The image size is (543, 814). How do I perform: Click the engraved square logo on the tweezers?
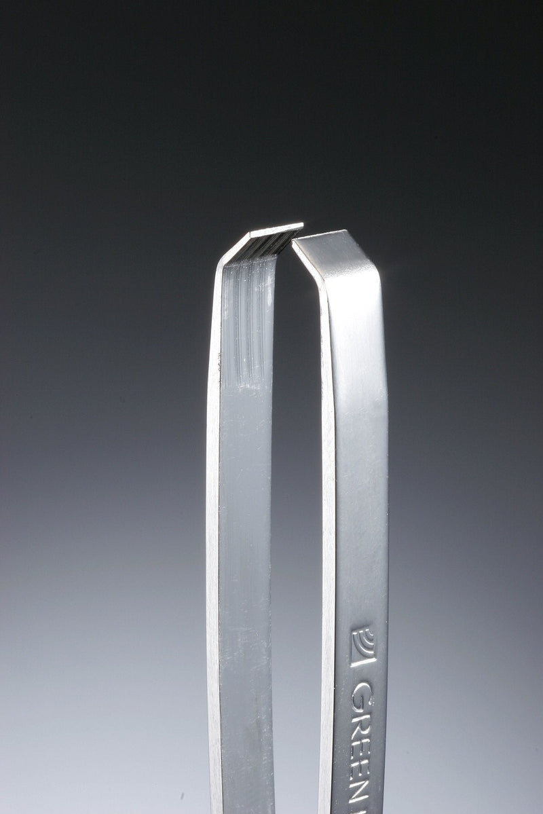(363, 642)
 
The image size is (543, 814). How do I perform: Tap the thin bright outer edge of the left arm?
(212, 475)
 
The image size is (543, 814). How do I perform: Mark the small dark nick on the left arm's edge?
(219, 367)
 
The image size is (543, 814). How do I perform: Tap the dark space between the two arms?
(295, 475)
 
